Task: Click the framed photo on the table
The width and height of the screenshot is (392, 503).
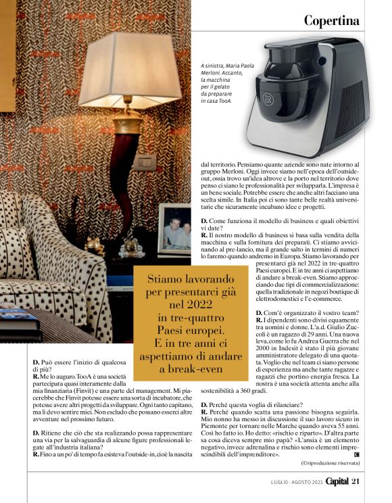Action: (x=174, y=230)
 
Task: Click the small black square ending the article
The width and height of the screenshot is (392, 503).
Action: (x=356, y=454)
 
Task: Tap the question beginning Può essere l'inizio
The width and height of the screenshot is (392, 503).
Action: (x=75, y=363)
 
